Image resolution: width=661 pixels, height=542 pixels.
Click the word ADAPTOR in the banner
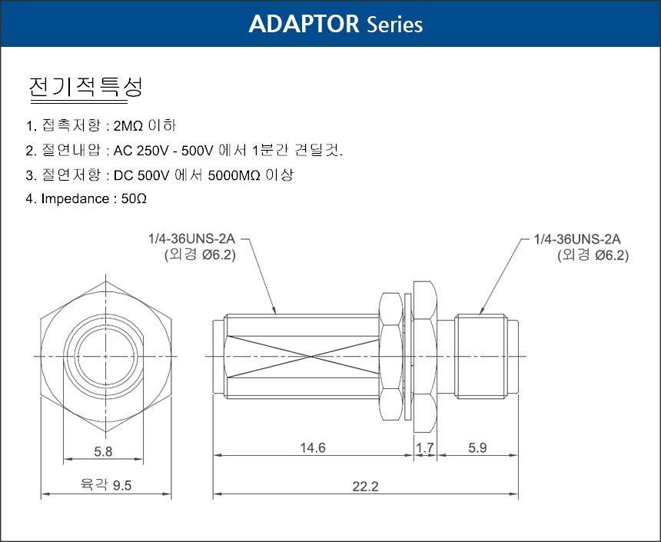click(x=304, y=24)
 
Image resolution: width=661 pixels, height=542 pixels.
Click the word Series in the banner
click(x=394, y=25)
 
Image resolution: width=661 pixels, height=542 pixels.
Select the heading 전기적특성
click(x=85, y=87)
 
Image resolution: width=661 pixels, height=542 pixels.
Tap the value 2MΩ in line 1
click(x=128, y=125)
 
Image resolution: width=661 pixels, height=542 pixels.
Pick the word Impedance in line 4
click(x=75, y=198)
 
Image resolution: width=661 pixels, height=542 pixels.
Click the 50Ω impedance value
click(x=134, y=198)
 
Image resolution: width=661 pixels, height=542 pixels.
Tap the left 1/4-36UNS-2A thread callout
click(x=191, y=239)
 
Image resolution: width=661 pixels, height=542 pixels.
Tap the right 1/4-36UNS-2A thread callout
click(x=577, y=239)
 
